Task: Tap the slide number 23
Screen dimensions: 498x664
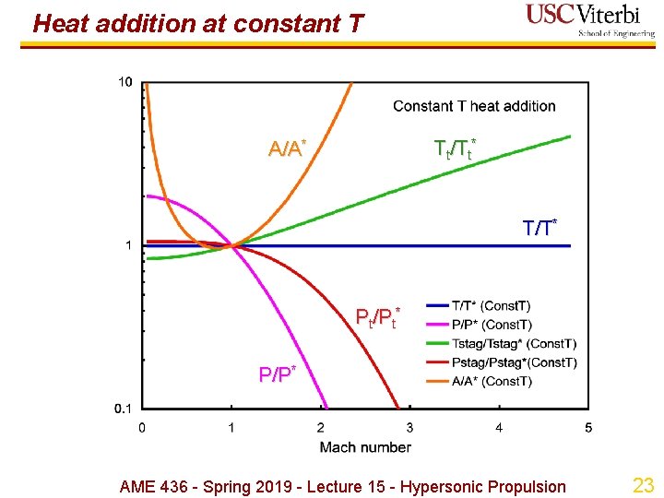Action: point(642,485)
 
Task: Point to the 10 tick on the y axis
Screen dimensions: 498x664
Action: point(125,82)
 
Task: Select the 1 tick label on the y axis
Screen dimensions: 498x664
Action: point(127,245)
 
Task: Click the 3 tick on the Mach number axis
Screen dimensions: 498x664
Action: point(409,427)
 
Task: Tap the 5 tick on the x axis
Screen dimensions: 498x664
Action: point(588,427)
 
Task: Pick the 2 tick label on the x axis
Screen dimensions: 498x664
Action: point(320,427)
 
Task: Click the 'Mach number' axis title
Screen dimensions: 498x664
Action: point(365,447)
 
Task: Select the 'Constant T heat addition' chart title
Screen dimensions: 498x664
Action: point(474,106)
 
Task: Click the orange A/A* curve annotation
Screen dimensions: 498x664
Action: point(287,148)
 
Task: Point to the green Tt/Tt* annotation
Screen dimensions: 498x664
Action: point(456,148)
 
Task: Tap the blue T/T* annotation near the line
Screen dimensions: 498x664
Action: point(540,227)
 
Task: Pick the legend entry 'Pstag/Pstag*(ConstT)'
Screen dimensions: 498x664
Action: point(515,362)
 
